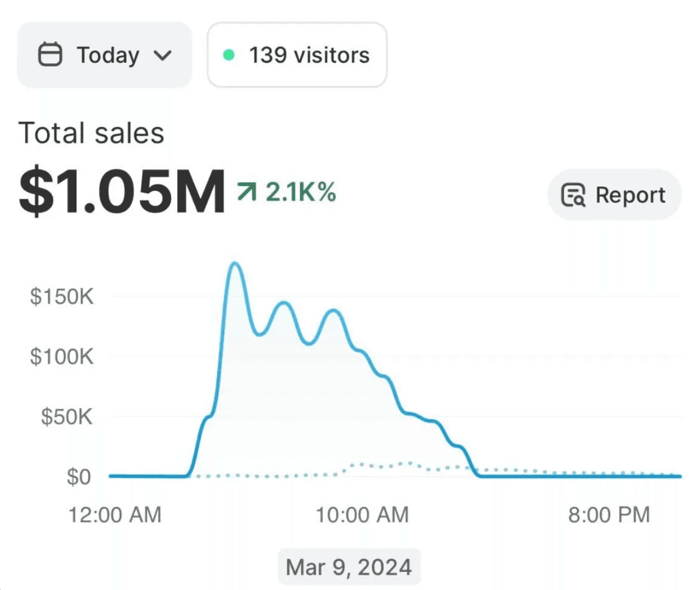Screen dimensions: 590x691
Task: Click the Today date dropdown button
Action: tap(104, 55)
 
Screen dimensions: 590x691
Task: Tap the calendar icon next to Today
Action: tap(50, 55)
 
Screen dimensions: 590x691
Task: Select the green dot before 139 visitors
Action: tap(229, 55)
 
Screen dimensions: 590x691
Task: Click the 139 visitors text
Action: tap(309, 55)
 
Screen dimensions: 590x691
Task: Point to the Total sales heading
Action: tap(91, 133)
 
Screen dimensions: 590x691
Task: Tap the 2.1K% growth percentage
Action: tap(301, 192)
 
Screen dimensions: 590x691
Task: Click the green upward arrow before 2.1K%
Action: tap(246, 192)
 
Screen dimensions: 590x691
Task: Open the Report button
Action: tap(614, 195)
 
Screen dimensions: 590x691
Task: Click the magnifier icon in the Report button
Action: tap(573, 196)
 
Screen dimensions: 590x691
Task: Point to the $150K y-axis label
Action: tap(62, 296)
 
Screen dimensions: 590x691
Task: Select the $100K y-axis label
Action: tap(62, 357)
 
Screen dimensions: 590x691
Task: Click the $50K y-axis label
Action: tap(67, 417)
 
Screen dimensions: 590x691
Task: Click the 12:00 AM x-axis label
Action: tap(115, 514)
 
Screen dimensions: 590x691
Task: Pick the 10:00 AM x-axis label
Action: tap(362, 514)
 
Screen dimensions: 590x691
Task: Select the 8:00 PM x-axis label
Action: tap(609, 514)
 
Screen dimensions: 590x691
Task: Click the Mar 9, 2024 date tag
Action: tap(349, 566)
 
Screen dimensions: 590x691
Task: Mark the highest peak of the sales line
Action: tap(235, 263)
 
